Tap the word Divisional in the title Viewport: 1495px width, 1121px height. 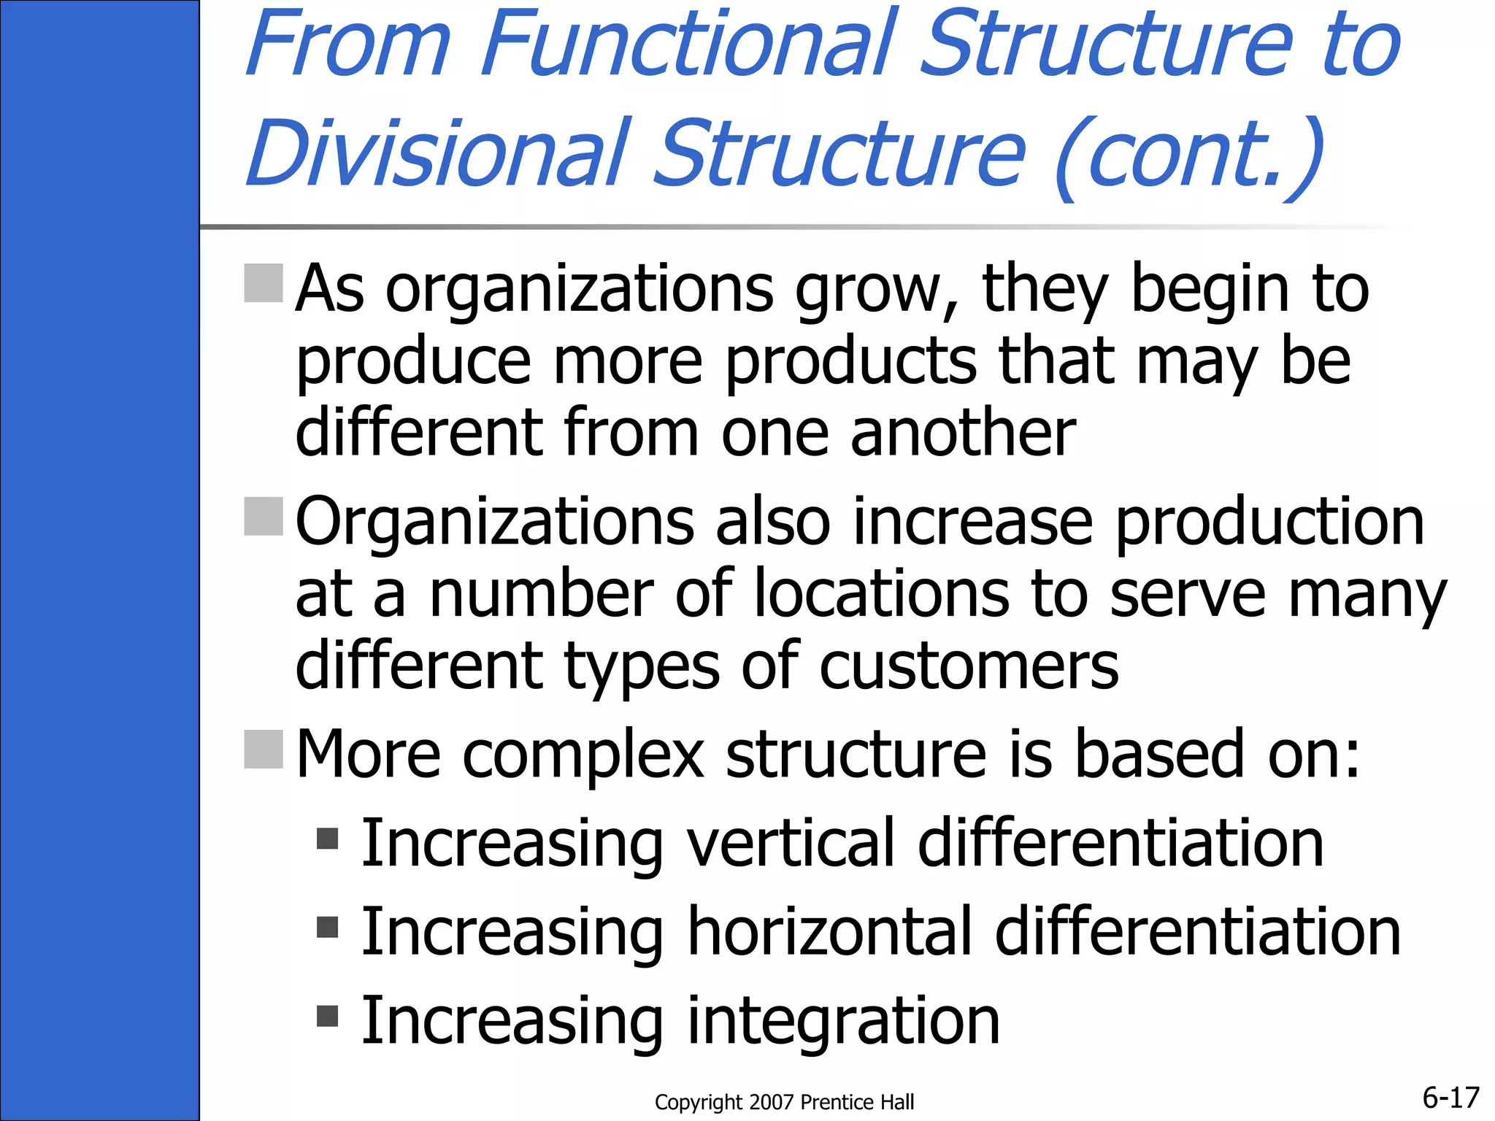(437, 153)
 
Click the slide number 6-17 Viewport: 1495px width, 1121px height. (1450, 1097)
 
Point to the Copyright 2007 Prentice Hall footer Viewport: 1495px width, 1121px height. (784, 1102)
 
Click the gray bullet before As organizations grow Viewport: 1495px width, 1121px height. (263, 283)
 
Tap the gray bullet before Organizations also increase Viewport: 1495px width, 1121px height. (263, 517)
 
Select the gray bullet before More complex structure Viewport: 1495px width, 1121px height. (263, 750)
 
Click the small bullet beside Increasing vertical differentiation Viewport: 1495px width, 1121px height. (328, 839)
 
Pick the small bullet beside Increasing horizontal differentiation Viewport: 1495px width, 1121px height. (328, 927)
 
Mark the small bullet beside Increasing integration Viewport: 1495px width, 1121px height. (328, 1015)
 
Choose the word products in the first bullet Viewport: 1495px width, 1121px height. (851, 362)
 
